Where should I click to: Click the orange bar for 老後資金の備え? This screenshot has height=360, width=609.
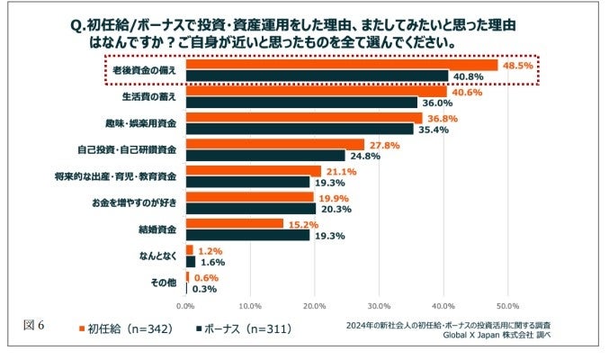pyautogui.click(x=342, y=65)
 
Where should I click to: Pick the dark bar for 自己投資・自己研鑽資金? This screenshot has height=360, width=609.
pyautogui.click(x=265, y=155)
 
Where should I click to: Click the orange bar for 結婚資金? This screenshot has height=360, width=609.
pyautogui.click(x=235, y=223)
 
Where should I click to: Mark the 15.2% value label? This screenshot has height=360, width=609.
pyautogui.click(x=304, y=223)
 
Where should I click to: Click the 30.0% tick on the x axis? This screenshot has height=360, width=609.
pyautogui.click(x=379, y=306)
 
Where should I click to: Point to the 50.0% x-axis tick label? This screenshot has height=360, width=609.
pyautogui.click(x=507, y=306)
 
